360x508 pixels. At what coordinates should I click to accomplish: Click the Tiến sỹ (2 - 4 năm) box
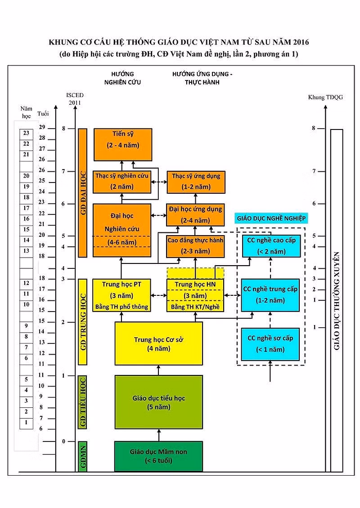(x=123, y=144)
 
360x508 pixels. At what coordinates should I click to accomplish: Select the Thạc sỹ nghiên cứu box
(x=122, y=182)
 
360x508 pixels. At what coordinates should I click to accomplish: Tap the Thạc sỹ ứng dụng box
(x=196, y=182)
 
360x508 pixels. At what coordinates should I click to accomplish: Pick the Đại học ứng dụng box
(x=195, y=215)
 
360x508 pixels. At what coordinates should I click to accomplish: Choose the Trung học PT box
(x=121, y=295)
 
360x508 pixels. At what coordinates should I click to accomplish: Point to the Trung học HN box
(x=195, y=295)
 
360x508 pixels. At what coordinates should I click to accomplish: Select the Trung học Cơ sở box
(x=158, y=343)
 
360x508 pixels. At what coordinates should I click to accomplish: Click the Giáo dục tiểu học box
(x=158, y=402)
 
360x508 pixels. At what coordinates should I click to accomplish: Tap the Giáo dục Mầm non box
(x=158, y=456)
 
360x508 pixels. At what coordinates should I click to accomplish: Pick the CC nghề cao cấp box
(x=271, y=246)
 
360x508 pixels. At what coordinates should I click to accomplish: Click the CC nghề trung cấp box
(x=270, y=295)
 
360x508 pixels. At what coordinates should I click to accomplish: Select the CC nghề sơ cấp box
(x=270, y=344)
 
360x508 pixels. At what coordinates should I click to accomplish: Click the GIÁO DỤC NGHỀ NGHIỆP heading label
(x=271, y=218)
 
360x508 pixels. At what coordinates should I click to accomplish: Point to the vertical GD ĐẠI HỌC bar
(x=83, y=193)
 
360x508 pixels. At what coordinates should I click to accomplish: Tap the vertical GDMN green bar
(x=83, y=456)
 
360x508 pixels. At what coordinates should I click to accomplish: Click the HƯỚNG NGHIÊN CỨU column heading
(x=122, y=78)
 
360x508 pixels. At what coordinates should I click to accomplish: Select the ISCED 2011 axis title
(x=75, y=99)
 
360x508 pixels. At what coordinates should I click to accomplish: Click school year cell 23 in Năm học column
(x=26, y=133)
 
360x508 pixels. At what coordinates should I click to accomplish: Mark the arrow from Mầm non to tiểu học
(x=159, y=435)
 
